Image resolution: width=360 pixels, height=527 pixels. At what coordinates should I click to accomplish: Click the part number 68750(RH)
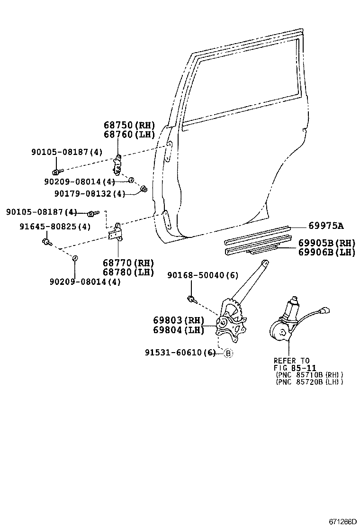coord(129,125)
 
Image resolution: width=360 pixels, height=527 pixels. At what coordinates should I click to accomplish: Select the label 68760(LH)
coord(129,134)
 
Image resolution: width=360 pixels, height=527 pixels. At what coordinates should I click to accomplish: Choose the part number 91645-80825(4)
coord(55,227)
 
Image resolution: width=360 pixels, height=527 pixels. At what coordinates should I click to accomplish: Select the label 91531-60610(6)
coord(180,353)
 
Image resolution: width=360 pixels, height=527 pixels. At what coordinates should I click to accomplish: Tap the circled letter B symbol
coord(228,353)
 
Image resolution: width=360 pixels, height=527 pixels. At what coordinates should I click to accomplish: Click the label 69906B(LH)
coord(326,252)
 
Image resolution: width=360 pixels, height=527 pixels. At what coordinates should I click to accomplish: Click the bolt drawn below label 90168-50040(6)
coord(191,299)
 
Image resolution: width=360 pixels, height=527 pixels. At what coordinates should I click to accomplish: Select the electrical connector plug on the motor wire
coord(325,312)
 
